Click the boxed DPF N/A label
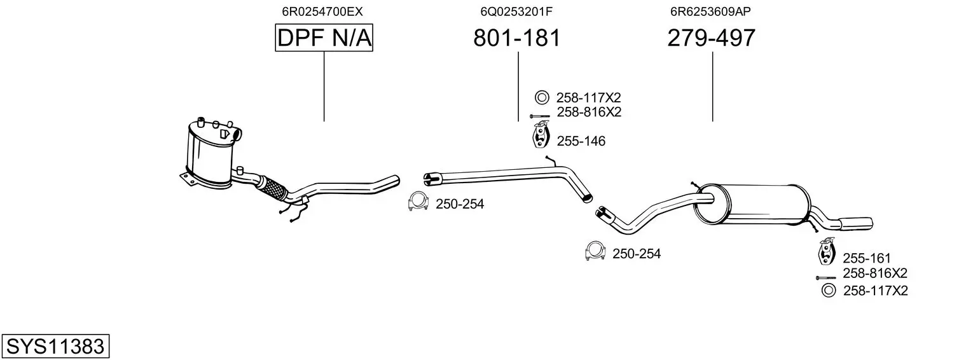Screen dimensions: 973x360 click(324, 38)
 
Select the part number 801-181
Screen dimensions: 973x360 click(517, 38)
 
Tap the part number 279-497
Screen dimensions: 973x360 click(712, 38)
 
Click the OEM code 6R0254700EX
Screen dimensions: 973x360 click(322, 11)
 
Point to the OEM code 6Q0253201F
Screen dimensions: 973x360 click(516, 11)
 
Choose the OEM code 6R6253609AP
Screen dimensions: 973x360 click(710, 11)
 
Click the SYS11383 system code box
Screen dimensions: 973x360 click(55, 346)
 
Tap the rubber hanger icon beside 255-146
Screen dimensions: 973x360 click(541, 136)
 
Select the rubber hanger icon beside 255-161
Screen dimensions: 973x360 click(827, 251)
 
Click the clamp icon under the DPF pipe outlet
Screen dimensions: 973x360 click(418, 202)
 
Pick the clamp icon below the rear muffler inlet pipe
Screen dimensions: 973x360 click(595, 251)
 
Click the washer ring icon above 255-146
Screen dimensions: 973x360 click(542, 97)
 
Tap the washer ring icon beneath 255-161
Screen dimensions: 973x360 click(829, 290)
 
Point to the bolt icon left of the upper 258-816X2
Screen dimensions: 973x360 click(540, 116)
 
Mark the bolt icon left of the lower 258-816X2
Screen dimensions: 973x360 click(825, 277)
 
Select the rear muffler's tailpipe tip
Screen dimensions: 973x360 click(857, 223)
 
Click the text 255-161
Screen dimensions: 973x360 click(867, 258)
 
